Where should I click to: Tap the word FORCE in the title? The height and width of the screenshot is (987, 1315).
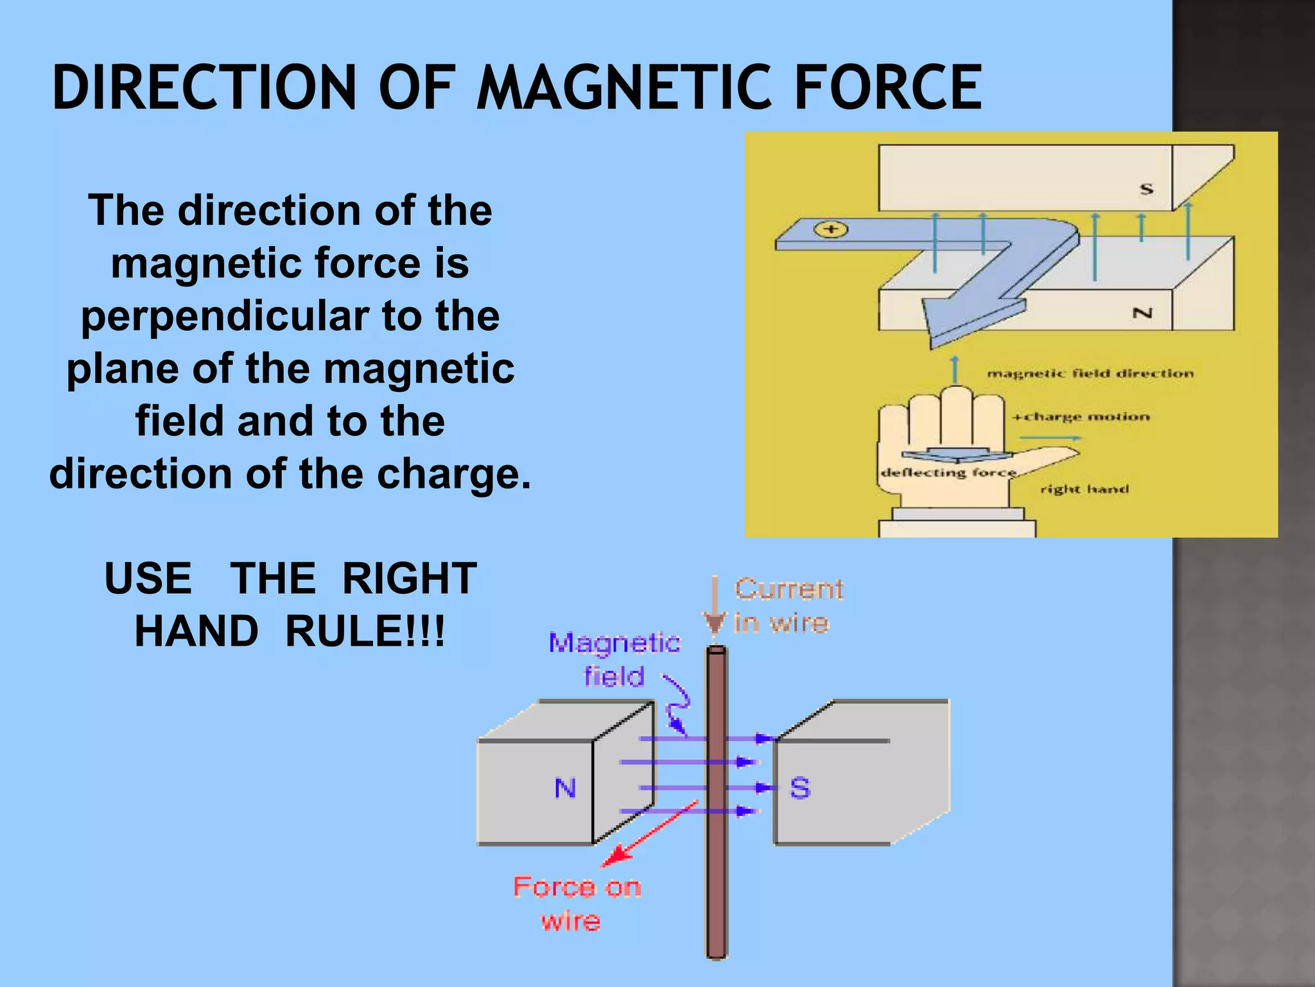point(887,88)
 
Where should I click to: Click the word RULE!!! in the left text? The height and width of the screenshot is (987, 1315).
point(365,631)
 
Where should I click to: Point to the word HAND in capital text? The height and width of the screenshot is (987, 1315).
point(196,631)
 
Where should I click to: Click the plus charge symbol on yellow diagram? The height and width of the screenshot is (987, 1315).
point(831,229)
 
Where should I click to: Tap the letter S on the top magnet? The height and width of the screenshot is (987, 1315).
point(1146,189)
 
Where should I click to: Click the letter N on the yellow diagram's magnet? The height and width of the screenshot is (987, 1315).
point(1142,314)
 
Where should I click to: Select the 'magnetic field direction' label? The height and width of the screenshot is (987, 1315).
point(1090,374)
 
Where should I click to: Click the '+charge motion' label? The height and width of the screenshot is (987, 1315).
point(1081,417)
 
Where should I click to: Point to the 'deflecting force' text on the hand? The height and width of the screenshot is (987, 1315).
point(948,473)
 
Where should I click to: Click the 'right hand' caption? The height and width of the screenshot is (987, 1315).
point(1084,490)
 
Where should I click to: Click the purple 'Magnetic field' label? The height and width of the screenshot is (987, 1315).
point(614,659)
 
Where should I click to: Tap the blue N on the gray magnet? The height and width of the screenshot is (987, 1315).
point(565,788)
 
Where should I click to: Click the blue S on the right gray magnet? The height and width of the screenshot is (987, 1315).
point(800,788)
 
